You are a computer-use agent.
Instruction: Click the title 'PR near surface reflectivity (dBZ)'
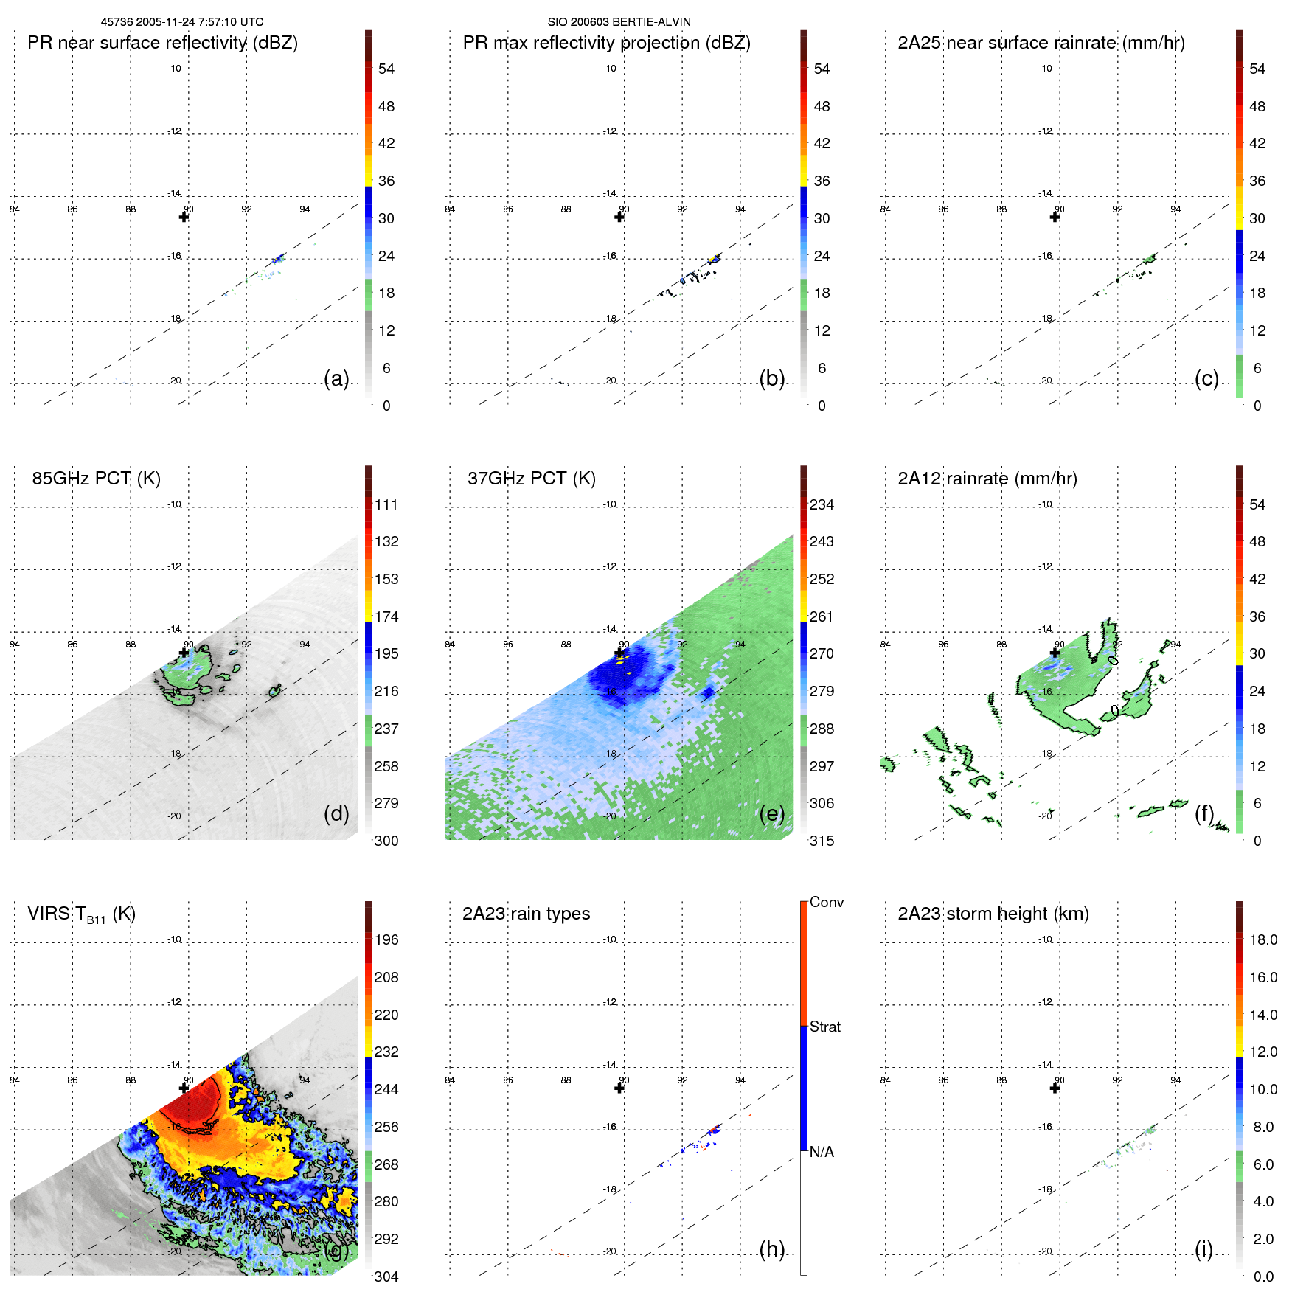pos(162,43)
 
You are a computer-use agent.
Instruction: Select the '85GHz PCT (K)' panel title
pos(96,479)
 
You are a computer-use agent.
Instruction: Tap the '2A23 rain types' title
pos(526,914)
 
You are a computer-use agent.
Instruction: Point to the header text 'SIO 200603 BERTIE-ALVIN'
pos(619,22)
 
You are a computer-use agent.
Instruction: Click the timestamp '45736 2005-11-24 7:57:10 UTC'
pos(182,22)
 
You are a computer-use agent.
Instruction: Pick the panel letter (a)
pos(336,378)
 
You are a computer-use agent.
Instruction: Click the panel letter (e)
pos(771,813)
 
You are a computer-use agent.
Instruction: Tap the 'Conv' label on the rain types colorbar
pos(826,902)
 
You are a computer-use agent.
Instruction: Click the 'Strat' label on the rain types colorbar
pos(824,1027)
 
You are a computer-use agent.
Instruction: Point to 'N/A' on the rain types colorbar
pos(822,1152)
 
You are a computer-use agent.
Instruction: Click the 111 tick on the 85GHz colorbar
pos(386,504)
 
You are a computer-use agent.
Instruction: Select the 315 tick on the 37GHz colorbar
pos(822,841)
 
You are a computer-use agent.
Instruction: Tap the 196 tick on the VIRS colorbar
pos(386,939)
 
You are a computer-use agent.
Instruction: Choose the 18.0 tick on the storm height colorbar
pos(1263,939)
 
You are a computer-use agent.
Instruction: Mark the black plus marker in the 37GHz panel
pos(619,653)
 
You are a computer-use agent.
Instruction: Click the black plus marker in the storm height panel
pos(1055,1088)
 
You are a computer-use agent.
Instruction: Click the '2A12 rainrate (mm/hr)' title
pos(987,479)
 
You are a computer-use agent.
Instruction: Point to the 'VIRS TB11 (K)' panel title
pos(81,914)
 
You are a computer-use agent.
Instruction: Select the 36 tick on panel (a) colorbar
pos(386,181)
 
